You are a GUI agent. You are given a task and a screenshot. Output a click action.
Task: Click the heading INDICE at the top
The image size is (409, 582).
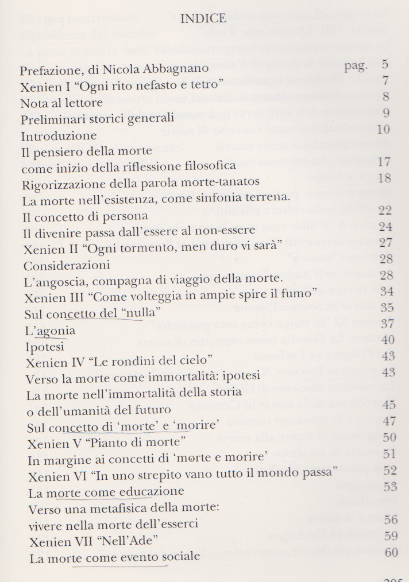pos(203,19)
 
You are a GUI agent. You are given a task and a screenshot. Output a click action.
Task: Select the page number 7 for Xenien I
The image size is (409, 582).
pos(385,80)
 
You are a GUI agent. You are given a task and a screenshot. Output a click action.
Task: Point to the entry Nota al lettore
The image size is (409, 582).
pos(61,104)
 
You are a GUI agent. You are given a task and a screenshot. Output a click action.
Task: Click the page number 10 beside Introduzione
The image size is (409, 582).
pos(384,130)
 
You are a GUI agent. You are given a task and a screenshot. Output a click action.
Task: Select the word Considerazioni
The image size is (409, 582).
pos(67,266)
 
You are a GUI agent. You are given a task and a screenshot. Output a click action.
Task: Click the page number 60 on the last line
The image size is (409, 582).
pos(391,553)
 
